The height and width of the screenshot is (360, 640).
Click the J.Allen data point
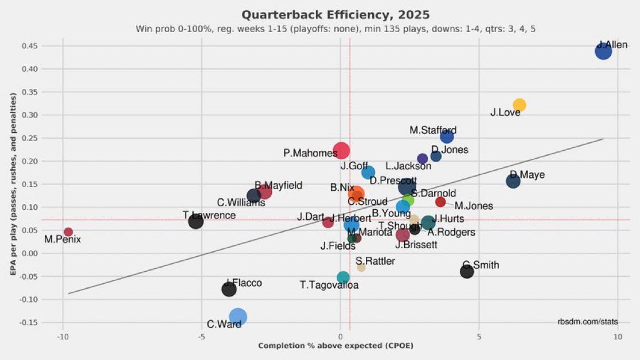pyautogui.click(x=603, y=52)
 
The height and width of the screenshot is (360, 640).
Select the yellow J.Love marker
pyautogui.click(x=519, y=105)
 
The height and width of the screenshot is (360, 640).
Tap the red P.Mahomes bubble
pyautogui.click(x=341, y=151)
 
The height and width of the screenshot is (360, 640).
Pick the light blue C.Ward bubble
pyautogui.click(x=238, y=316)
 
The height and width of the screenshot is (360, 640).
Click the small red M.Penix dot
pyautogui.click(x=68, y=232)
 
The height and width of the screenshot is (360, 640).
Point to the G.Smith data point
pyautogui.click(x=467, y=272)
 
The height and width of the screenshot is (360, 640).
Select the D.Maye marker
pyautogui.click(x=513, y=181)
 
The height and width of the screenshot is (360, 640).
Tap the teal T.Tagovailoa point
pyautogui.click(x=343, y=277)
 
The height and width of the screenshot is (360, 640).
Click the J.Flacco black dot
pyautogui.click(x=229, y=289)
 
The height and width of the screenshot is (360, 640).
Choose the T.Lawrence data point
pyautogui.click(x=196, y=221)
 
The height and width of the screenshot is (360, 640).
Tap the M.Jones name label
pyautogui.click(x=473, y=206)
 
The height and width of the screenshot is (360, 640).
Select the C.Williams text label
pyautogui.click(x=241, y=203)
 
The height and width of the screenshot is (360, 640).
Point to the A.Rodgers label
pyautogui.click(x=451, y=232)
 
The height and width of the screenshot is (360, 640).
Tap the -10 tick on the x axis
pyautogui.click(x=63, y=336)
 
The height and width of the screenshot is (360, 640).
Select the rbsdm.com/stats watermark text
pyautogui.click(x=587, y=322)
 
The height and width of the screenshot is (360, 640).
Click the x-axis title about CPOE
pyautogui.click(x=335, y=346)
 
